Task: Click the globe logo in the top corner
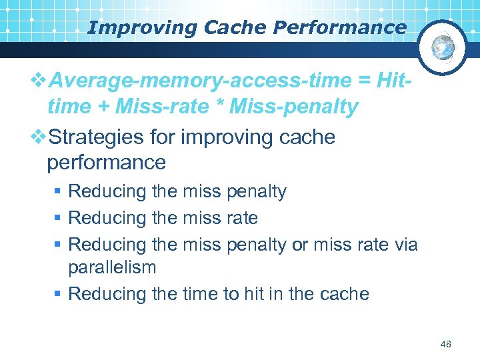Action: pyautogui.click(x=443, y=47)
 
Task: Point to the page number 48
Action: pyautogui.click(x=446, y=344)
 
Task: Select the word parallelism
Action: pyautogui.click(x=112, y=267)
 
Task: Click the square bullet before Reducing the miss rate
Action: pyautogui.click(x=57, y=219)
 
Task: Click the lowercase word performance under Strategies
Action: pyautogui.click(x=107, y=162)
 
